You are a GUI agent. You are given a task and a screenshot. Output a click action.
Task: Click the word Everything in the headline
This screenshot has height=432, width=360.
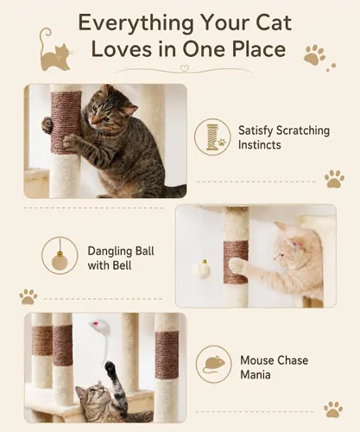(136, 23)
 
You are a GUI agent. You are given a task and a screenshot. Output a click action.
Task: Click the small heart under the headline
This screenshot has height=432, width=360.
(184, 68)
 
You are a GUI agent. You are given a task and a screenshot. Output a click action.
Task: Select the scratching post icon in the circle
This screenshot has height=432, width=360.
(213, 137)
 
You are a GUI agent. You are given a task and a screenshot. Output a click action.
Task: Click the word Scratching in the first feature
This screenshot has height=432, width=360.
(302, 130)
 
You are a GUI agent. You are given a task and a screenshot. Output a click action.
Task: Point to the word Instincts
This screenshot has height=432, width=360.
(259, 144)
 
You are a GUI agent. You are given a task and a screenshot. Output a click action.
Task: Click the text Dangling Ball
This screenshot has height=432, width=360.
(121, 251)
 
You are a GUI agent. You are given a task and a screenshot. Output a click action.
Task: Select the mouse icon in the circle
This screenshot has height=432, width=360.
(214, 364)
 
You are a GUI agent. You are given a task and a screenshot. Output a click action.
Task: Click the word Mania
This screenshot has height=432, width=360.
(256, 375)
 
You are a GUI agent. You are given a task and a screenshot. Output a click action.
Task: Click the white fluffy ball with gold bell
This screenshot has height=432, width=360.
(201, 270)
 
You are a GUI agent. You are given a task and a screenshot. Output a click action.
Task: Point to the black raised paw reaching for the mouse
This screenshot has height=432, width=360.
(110, 368)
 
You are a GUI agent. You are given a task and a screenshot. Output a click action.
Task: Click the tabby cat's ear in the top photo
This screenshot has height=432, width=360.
(129, 108)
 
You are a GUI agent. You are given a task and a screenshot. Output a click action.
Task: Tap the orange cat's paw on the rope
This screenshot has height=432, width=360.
(236, 265)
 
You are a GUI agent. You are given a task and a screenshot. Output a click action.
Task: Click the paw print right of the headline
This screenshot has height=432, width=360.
(314, 54)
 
